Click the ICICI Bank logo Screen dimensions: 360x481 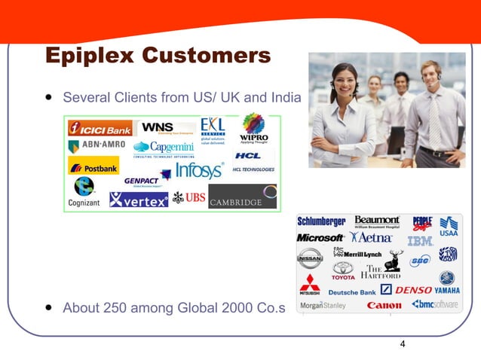pos(100,127)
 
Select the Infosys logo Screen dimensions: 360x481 pos(199,170)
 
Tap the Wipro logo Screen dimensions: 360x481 pos(253,128)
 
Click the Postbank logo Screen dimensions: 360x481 pos(93,166)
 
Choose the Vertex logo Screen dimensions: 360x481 pos(139,200)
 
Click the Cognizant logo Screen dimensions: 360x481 pos(83,193)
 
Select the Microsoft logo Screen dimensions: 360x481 pos(320,238)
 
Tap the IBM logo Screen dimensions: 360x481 pos(419,241)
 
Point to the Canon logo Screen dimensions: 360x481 pos(384,306)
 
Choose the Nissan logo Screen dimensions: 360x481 pos(309,258)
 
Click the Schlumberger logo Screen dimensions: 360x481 pos(321,221)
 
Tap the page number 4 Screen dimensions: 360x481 pos(403,344)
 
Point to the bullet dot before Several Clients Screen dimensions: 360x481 pos(49,97)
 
